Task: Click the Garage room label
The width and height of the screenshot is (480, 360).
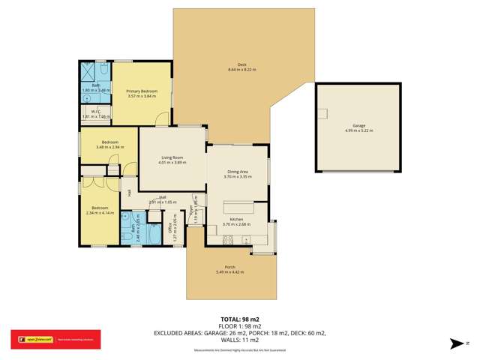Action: click(x=358, y=125)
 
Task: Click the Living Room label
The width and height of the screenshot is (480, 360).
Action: click(x=172, y=157)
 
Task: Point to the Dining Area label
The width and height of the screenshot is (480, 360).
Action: click(x=238, y=172)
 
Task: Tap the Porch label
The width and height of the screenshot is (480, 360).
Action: click(x=230, y=267)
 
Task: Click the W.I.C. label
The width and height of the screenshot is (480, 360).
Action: click(x=89, y=112)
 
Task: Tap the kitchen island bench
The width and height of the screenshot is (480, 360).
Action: click(x=238, y=206)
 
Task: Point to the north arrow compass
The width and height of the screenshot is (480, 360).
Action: click(x=458, y=344)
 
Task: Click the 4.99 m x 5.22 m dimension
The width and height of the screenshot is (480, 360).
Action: click(x=358, y=130)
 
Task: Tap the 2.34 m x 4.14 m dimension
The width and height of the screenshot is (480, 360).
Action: click(x=100, y=212)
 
